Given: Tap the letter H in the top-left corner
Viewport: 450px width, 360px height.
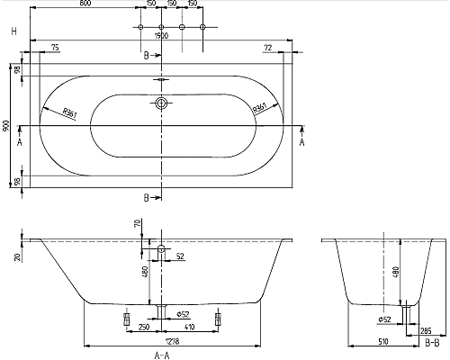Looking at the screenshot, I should (12, 32).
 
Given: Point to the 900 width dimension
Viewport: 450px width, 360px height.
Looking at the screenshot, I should (8, 127).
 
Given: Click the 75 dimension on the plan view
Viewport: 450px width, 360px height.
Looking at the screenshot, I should (55, 46).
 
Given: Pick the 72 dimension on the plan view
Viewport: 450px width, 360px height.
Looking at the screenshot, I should (267, 46).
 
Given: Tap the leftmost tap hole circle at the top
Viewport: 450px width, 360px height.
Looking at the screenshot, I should (140, 28).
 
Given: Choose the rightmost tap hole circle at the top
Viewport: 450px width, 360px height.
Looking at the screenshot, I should (202, 28).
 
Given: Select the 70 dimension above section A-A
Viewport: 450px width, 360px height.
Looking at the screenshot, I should (137, 222).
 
